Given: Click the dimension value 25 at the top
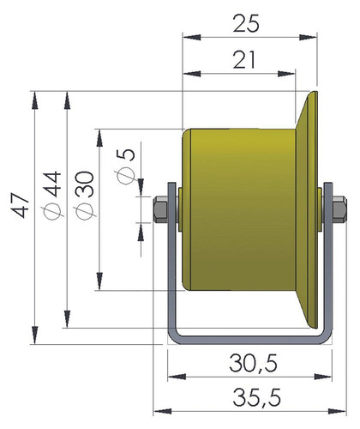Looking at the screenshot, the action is tap(246, 23).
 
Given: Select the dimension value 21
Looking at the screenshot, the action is tap(243, 60).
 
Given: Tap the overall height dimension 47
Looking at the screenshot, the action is tap(20, 205).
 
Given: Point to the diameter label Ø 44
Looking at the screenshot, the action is tap(52, 196).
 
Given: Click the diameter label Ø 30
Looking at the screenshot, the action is tap(84, 196).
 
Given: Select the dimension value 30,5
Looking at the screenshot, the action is tap(253, 364).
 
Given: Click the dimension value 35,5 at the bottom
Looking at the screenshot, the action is tap(256, 397).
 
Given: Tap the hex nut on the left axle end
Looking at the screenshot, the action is tap(160, 209).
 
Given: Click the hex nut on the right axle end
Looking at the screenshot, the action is tap(339, 209).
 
